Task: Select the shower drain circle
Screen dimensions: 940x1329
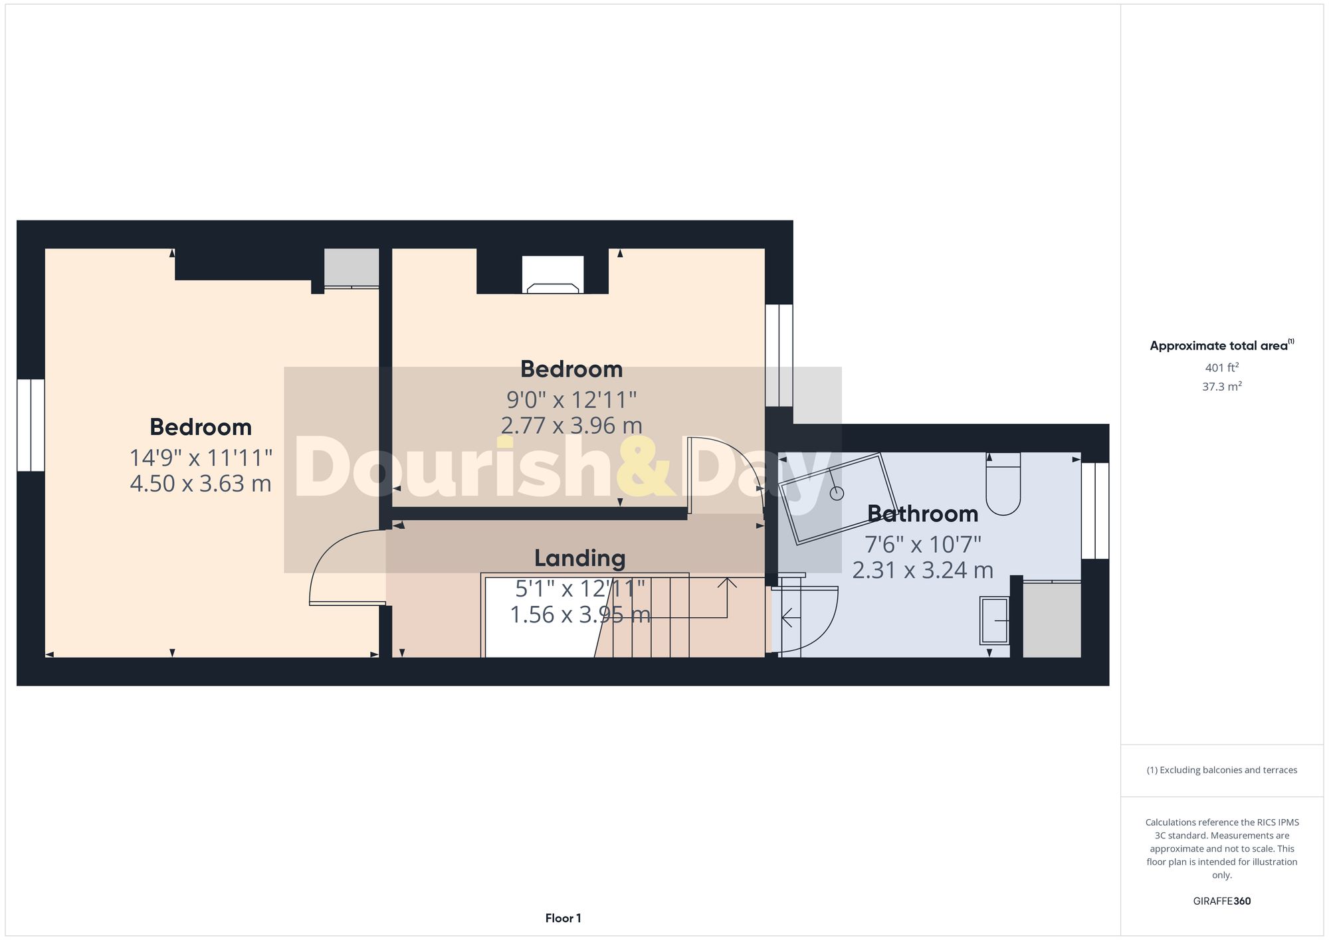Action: tap(837, 493)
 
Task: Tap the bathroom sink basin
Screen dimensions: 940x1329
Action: tap(994, 620)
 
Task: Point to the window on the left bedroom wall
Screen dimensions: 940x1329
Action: tap(31, 425)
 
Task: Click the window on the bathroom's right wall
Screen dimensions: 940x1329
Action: tap(1095, 510)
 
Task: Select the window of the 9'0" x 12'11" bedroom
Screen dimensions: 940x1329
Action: tap(779, 355)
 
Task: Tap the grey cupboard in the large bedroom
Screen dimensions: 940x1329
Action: tap(352, 267)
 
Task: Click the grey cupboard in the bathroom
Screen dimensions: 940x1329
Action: tap(1051, 620)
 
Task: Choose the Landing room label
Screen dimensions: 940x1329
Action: tap(580, 559)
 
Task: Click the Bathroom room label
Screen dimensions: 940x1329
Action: tap(922, 514)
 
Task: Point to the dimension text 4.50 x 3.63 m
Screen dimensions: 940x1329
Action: tap(201, 484)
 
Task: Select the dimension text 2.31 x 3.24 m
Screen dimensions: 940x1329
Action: tap(922, 570)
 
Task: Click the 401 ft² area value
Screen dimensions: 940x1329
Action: tap(1221, 367)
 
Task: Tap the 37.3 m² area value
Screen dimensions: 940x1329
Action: tap(1221, 387)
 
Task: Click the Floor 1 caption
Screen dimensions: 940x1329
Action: tap(563, 918)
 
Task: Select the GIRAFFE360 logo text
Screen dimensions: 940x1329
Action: tap(1221, 901)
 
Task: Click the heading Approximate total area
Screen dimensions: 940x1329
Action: tap(1219, 345)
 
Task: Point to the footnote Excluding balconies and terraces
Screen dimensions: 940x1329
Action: tap(1221, 770)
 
